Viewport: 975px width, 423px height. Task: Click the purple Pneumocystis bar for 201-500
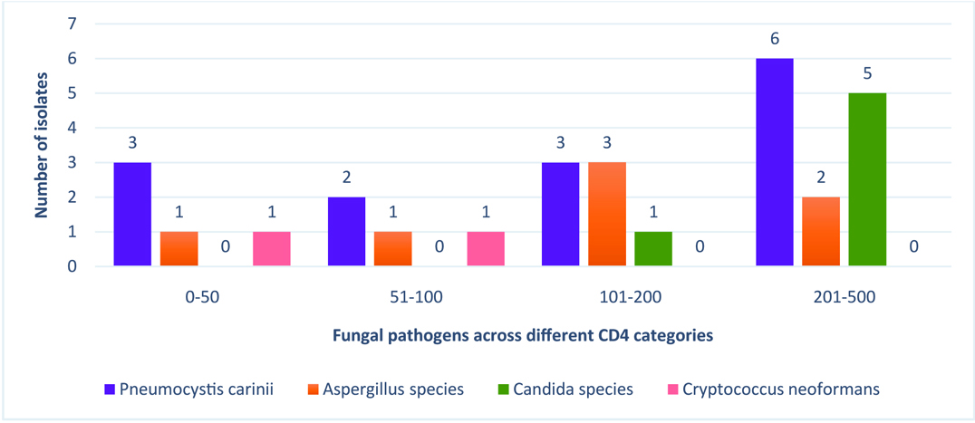[x=774, y=163]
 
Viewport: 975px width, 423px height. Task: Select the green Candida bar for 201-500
[x=867, y=180]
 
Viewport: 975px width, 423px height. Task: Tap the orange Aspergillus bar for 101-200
[x=606, y=215]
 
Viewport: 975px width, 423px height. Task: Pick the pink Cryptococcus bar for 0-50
[x=271, y=249]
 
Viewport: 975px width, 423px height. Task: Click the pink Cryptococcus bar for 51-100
[x=486, y=249]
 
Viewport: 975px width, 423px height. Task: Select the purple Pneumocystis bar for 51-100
[x=346, y=232]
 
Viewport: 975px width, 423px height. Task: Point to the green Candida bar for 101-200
[x=653, y=249]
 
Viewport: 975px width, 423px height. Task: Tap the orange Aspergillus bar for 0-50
[x=179, y=249]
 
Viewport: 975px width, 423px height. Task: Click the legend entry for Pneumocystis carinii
[x=188, y=389]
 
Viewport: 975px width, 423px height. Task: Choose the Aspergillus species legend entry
[x=384, y=389]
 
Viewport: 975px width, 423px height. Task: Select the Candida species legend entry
[x=567, y=389]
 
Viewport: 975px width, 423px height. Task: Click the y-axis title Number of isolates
[x=42, y=145]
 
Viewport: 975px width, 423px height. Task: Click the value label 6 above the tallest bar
[x=775, y=39]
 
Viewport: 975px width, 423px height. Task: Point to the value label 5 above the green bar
[x=867, y=73]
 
